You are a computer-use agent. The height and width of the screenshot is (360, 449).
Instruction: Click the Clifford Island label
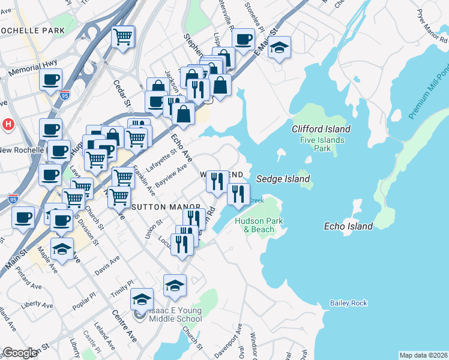click(321, 129)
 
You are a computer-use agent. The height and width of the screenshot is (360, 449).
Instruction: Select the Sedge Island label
click(283, 179)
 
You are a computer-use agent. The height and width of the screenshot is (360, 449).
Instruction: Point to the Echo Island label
click(348, 226)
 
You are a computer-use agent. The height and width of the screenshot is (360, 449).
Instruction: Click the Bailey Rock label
click(348, 303)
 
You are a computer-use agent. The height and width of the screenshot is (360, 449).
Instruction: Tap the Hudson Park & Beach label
click(259, 225)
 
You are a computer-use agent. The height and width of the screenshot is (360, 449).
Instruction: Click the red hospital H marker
click(8, 125)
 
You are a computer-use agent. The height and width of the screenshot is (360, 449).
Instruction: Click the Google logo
click(20, 353)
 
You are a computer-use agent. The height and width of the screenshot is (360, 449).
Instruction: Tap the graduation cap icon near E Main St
click(279, 47)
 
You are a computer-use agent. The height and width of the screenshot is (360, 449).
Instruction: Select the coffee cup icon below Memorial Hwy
click(50, 80)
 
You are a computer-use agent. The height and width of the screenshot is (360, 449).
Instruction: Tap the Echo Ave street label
click(181, 148)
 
